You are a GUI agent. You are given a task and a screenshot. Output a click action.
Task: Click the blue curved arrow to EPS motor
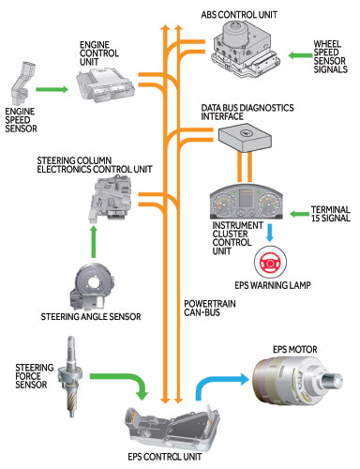coord(211,391)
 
